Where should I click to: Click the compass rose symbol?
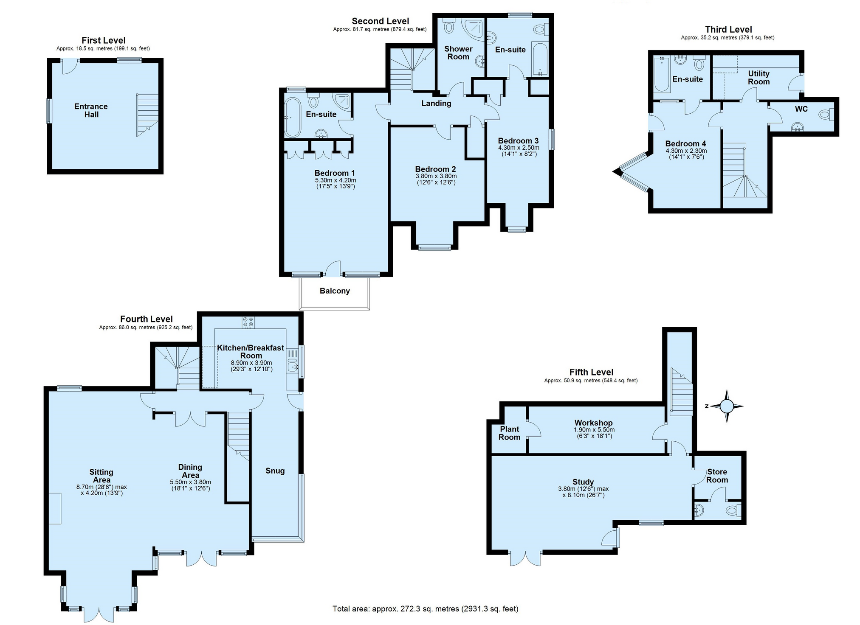click(726, 406)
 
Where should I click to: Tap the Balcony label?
click(335, 291)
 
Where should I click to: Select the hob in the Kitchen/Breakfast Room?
click(248, 322)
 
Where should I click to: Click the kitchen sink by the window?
click(293, 365)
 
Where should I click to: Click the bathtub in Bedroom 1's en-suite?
click(292, 117)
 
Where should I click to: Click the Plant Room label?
click(509, 433)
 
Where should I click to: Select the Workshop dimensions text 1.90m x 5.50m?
click(594, 430)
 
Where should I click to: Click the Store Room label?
click(717, 476)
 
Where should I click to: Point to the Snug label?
click(275, 471)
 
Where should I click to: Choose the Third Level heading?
click(728, 29)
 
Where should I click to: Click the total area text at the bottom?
click(425, 609)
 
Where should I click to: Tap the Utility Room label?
click(758, 78)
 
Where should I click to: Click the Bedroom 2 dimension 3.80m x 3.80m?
click(436, 176)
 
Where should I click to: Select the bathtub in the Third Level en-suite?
click(661, 75)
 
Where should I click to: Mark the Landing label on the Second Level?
click(436, 104)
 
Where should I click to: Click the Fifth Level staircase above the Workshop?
click(681, 390)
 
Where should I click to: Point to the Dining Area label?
click(190, 471)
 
